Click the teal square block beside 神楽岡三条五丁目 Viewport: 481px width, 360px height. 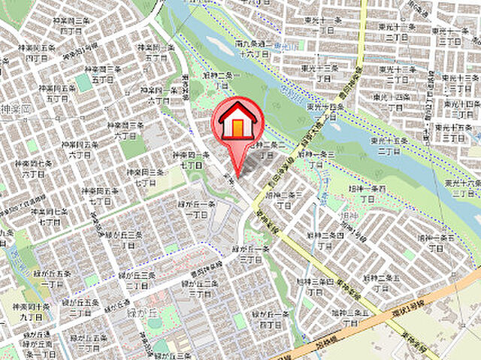(83, 82)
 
